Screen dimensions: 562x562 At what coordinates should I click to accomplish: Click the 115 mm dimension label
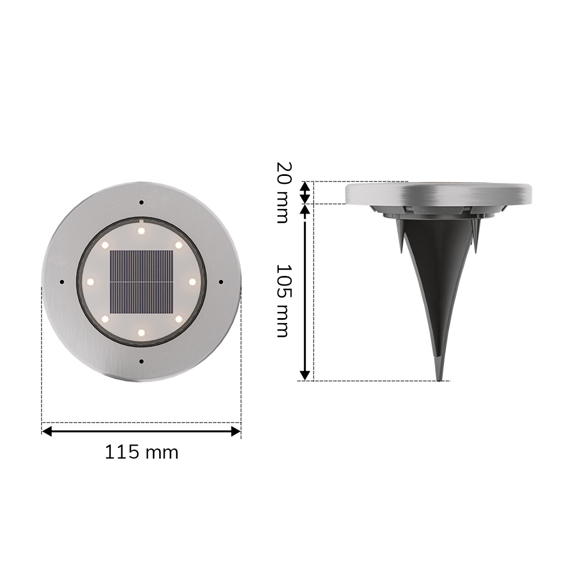tap(142, 452)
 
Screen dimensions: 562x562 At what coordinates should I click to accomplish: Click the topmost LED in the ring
tap(141, 230)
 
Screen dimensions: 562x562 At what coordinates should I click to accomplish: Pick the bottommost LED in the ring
tap(141, 333)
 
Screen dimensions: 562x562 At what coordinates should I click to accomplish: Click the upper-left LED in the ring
tap(105, 245)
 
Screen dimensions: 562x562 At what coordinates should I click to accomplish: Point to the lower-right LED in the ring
tap(178, 318)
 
